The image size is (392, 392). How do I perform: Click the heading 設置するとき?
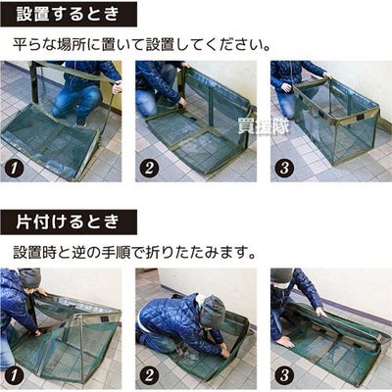tap(68, 15)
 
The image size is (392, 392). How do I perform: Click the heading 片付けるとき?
tap(68, 222)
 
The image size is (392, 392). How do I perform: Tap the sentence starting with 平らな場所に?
tap(142, 44)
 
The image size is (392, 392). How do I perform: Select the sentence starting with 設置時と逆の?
tap(134, 253)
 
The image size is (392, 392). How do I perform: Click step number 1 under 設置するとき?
tap(14, 168)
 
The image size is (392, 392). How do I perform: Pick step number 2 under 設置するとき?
tap(149, 168)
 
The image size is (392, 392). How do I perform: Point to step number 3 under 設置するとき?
tap(284, 168)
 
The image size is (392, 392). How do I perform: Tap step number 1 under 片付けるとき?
tap(14, 375)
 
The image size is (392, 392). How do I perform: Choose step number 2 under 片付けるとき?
tap(149, 375)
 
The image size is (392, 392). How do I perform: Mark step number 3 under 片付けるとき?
tap(284, 375)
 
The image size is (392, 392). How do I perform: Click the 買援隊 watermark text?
tap(264, 126)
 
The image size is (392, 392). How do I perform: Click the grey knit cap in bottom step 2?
tap(213, 310)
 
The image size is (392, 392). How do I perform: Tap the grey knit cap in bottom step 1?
tap(31, 277)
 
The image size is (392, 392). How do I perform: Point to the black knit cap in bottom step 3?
tap(281, 275)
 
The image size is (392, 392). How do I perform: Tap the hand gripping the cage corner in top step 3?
tap(327, 76)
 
